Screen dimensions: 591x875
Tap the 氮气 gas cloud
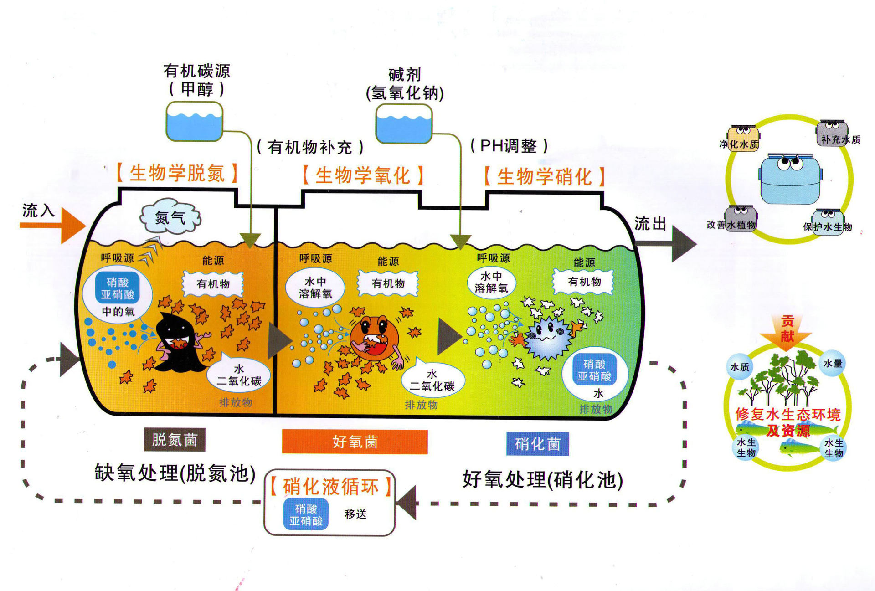click(x=170, y=217)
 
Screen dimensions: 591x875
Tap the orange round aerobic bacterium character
click(x=375, y=337)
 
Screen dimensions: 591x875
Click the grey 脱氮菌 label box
click(x=175, y=440)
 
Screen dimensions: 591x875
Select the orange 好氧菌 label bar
click(x=355, y=442)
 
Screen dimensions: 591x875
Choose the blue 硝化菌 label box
click(x=537, y=444)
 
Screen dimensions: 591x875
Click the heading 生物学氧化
click(x=363, y=176)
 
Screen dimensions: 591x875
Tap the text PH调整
click(x=509, y=146)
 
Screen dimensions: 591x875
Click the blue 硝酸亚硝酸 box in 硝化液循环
click(x=306, y=514)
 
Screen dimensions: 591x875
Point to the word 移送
click(x=355, y=514)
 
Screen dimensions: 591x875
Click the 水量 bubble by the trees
click(x=833, y=363)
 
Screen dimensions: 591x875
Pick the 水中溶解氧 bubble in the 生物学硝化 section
click(x=491, y=283)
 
